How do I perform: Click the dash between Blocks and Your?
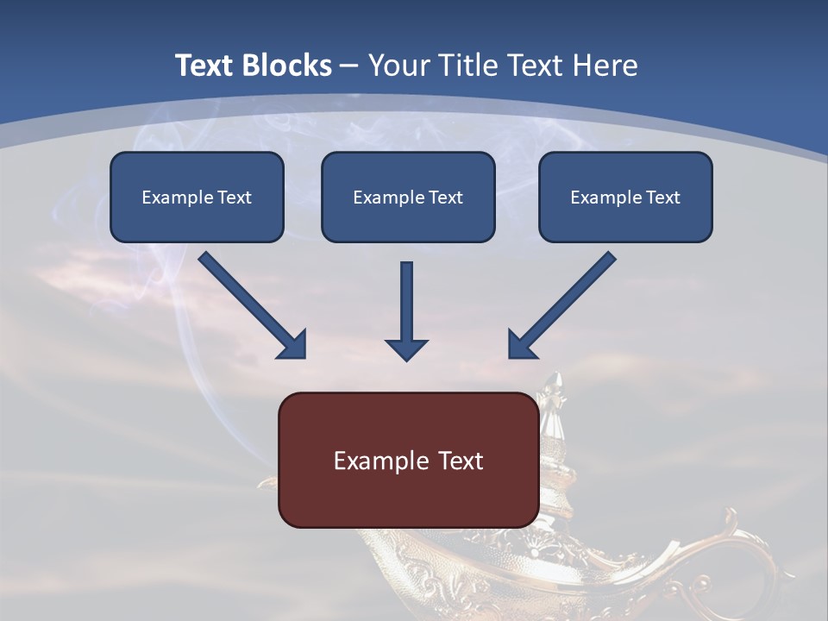coord(349,66)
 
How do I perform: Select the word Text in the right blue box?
coord(662,198)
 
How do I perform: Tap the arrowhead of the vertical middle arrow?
coord(406,349)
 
